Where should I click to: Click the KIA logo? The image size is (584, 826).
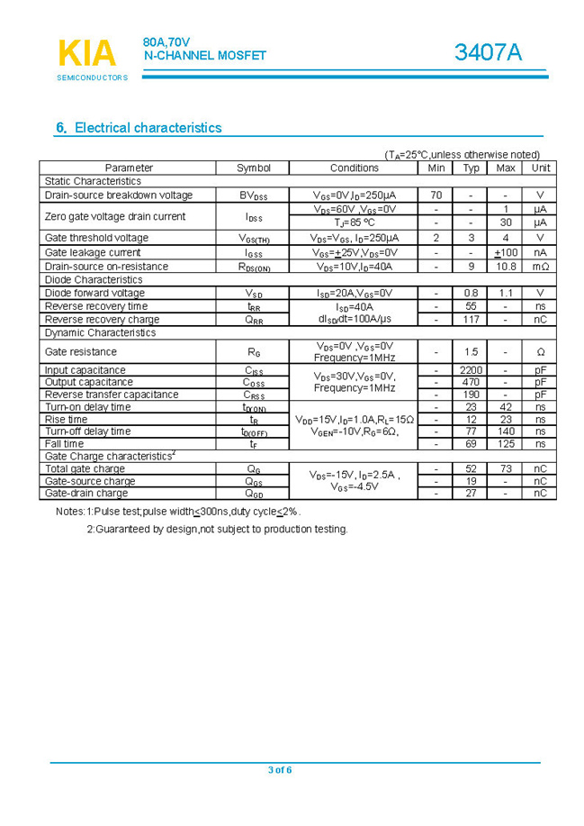point(87,54)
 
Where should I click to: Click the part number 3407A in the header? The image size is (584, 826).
point(488,53)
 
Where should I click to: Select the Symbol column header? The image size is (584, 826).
point(253,168)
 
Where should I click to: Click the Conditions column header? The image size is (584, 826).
point(355,168)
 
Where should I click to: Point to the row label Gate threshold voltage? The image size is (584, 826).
point(96,238)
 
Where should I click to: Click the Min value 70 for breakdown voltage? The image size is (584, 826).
point(436,195)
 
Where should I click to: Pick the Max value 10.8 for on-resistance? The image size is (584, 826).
point(506,267)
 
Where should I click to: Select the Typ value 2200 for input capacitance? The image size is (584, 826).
point(471,370)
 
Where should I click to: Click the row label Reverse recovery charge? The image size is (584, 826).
point(102,319)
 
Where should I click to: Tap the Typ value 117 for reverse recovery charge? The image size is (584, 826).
point(471,319)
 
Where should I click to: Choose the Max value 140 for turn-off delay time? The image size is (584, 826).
point(506,431)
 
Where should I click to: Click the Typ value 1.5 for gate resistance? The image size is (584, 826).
point(471,352)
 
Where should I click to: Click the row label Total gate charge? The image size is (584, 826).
point(85,468)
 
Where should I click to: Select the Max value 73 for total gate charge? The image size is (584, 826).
point(506,468)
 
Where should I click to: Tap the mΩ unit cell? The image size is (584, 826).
point(540,267)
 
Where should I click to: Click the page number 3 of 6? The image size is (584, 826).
point(280,769)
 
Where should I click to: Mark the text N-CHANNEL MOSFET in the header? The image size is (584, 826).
point(206,56)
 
